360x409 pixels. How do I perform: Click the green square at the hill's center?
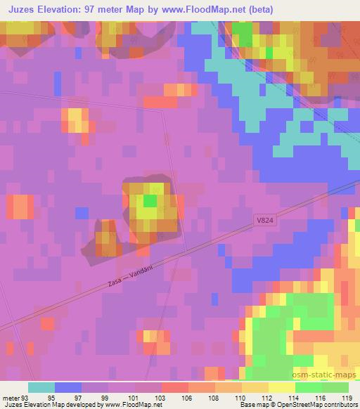(x=149, y=201)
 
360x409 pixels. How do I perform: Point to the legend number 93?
(x=26, y=397)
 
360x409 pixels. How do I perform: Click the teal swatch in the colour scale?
(x=41, y=387)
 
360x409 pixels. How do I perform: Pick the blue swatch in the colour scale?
(x=68, y=387)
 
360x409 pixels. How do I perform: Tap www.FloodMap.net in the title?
(x=207, y=10)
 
